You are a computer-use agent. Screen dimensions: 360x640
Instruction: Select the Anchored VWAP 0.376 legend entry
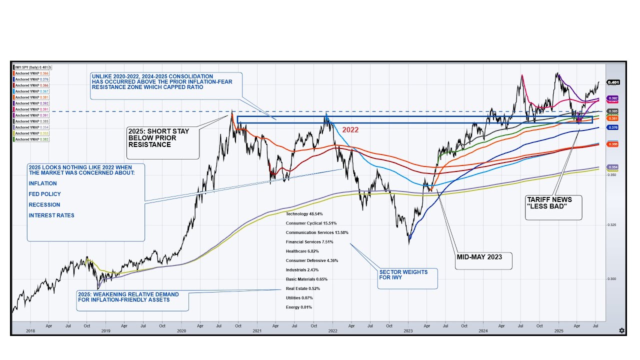tap(31, 79)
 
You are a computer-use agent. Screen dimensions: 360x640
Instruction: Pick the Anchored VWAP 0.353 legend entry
tap(31, 133)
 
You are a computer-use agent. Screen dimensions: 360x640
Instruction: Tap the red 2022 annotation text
tap(350, 130)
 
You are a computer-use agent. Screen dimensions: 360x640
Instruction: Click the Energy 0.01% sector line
tap(298, 307)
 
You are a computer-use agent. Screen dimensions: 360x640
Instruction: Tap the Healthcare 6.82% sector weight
tap(302, 251)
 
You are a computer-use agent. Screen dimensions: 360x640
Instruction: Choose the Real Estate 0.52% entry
tap(302, 288)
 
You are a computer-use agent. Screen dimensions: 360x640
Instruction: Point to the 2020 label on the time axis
tap(181, 331)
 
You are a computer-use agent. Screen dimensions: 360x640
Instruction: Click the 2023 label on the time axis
tap(408, 331)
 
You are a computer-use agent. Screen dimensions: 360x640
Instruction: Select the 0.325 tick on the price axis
tap(612, 225)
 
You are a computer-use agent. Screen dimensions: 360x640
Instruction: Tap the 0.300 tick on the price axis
tap(612, 279)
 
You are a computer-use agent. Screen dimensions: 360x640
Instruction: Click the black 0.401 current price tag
tap(613, 82)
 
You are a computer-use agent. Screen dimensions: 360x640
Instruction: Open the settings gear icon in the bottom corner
tap(621, 330)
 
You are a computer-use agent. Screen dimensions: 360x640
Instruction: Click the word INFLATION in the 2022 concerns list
tap(43, 183)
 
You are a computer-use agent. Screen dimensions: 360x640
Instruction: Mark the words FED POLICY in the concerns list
tap(45, 194)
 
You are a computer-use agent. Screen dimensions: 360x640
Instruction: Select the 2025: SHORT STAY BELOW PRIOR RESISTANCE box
tap(158, 138)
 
